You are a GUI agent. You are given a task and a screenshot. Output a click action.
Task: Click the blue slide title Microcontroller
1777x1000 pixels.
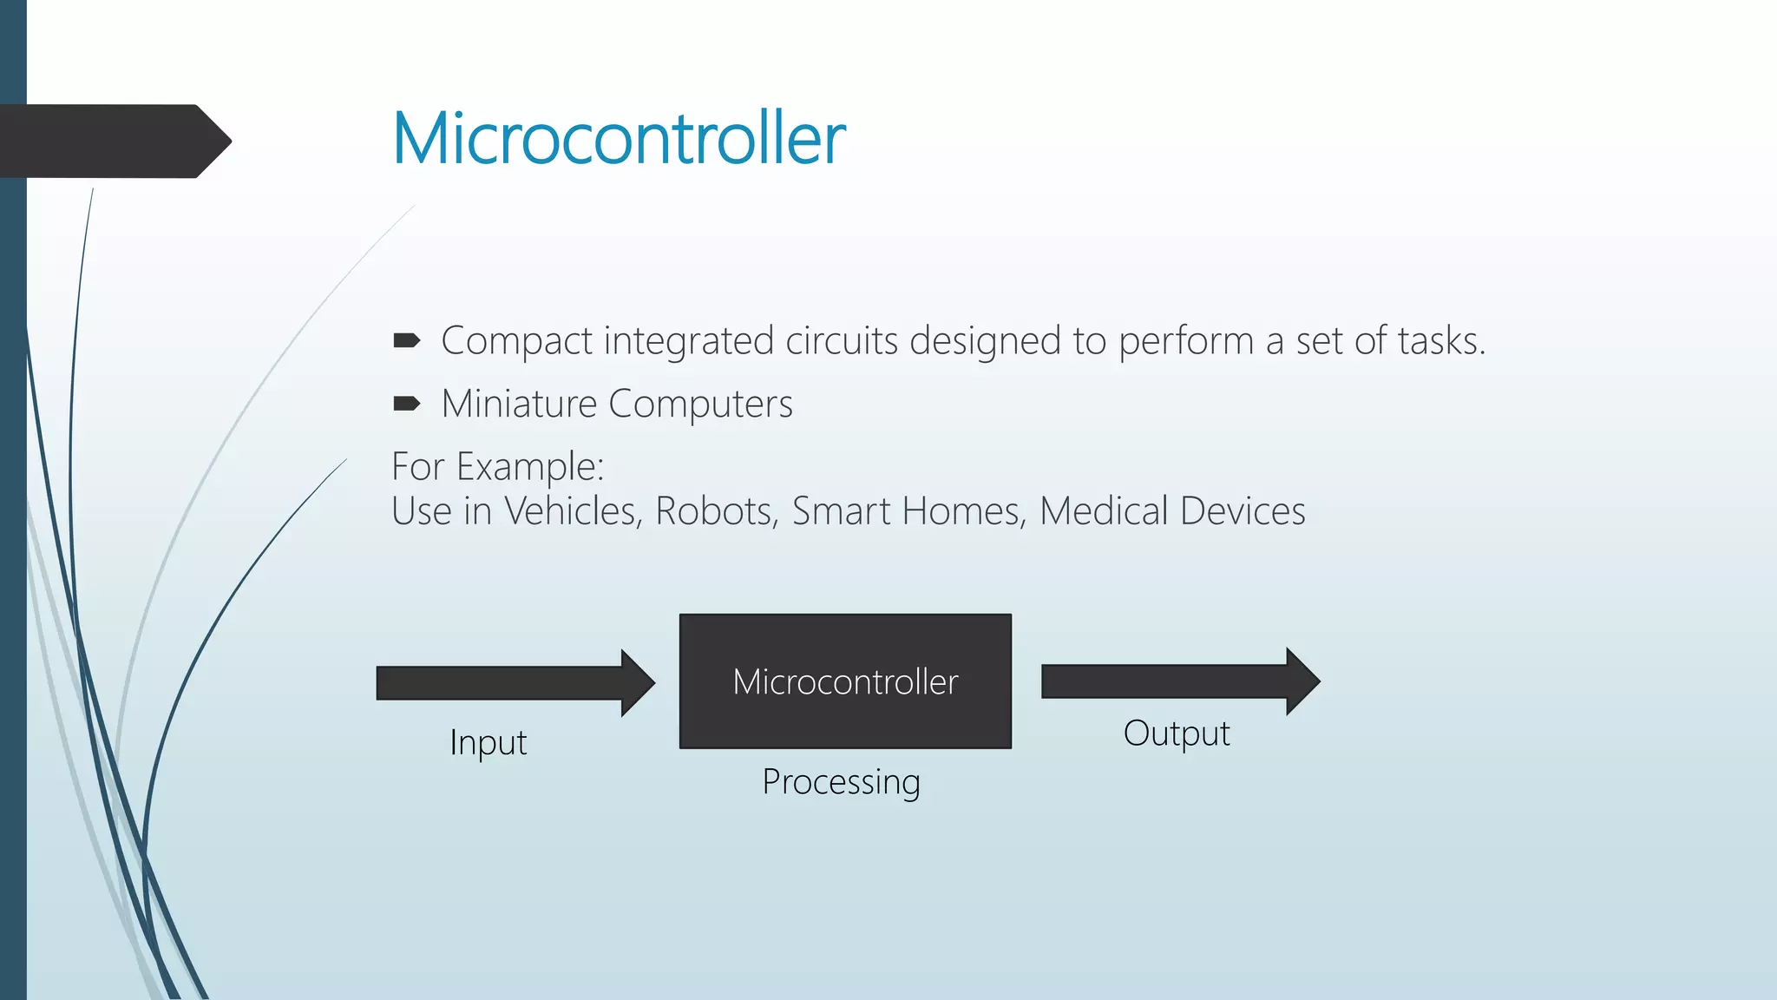click(x=619, y=139)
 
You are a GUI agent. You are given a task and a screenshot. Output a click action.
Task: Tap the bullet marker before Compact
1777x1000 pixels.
click(x=406, y=340)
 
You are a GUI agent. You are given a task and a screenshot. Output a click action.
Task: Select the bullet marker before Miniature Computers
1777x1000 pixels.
click(x=406, y=404)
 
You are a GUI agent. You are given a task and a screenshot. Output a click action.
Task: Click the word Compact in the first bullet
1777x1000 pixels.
click(x=516, y=341)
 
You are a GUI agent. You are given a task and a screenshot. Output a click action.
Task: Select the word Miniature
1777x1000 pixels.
click(x=519, y=405)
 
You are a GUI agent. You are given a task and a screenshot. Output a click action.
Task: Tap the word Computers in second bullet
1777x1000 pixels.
click(x=700, y=405)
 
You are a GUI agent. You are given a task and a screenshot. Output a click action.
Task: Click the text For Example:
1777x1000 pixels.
click(x=497, y=467)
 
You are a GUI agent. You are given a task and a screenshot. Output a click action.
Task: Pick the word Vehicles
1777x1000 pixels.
click(x=573, y=511)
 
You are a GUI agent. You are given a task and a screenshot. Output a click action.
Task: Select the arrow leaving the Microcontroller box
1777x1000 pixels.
click(x=1180, y=681)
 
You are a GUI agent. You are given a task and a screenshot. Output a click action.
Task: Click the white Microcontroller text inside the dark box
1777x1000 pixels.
click(x=845, y=682)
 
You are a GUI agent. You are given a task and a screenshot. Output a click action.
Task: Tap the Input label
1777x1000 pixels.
click(x=488, y=743)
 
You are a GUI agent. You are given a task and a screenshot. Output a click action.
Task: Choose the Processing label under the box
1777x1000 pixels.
click(x=841, y=782)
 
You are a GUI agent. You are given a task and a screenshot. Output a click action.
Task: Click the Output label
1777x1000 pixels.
click(x=1177, y=734)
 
